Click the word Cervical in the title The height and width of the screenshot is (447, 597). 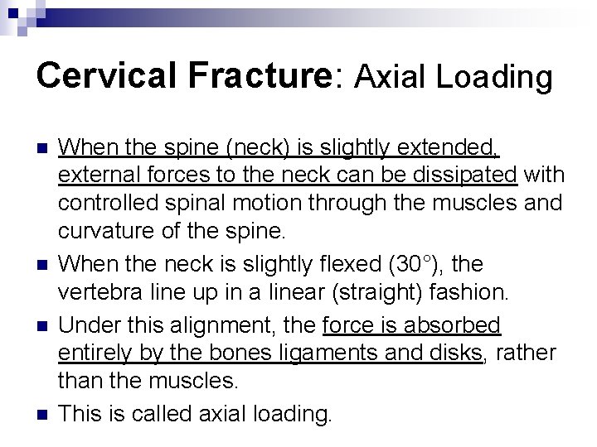(99, 77)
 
